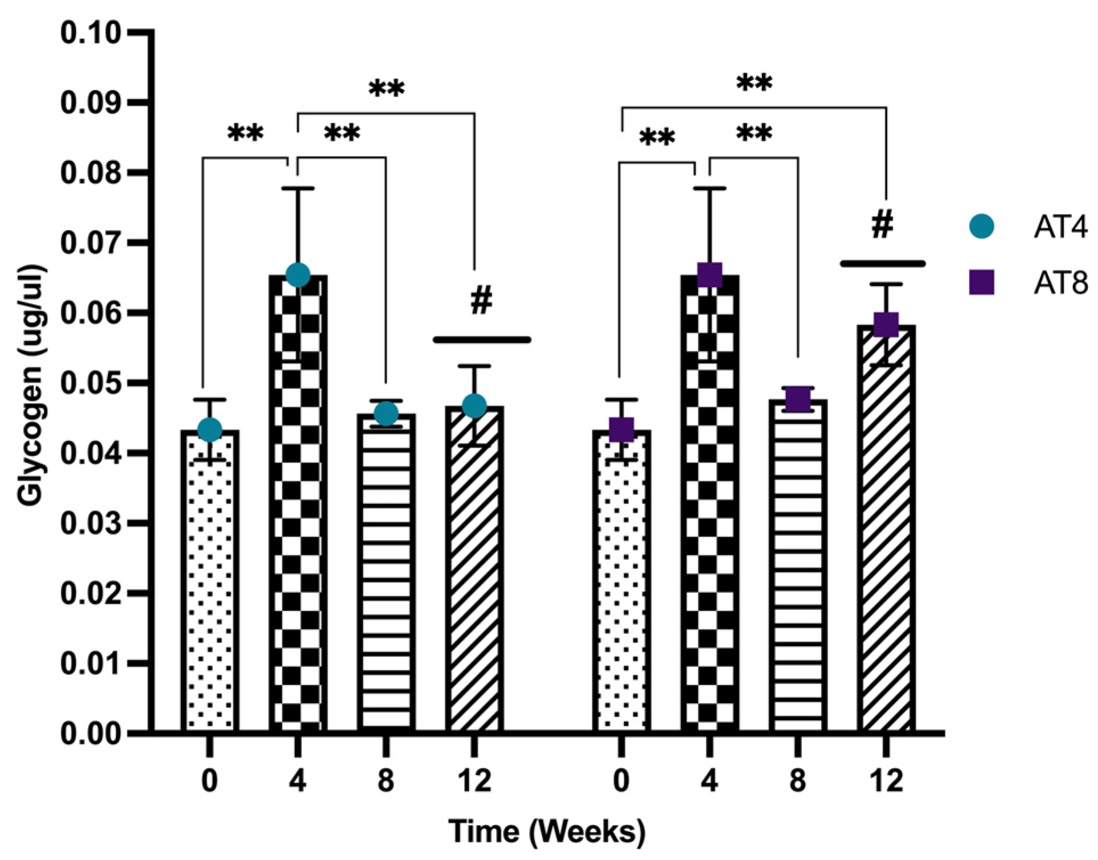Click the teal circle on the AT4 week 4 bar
[x=298, y=275]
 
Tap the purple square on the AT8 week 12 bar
[x=886, y=324]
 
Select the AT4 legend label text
[x=1060, y=227]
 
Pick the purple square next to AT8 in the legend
[x=981, y=282]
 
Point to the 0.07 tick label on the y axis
[x=91, y=243]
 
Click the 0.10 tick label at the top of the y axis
[x=91, y=33]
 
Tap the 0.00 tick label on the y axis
[x=91, y=734]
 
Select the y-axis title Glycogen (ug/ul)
[x=30, y=385]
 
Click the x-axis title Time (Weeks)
[x=547, y=831]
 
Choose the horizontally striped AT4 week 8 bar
[x=386, y=570]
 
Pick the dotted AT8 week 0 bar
[x=621, y=587]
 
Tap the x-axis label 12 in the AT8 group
[x=886, y=780]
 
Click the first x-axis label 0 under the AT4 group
[x=210, y=780]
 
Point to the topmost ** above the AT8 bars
[x=754, y=84]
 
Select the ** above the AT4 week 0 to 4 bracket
[x=245, y=134]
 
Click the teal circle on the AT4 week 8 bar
[x=386, y=413]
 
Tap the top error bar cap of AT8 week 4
[x=710, y=188]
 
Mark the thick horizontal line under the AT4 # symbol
[x=482, y=340]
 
